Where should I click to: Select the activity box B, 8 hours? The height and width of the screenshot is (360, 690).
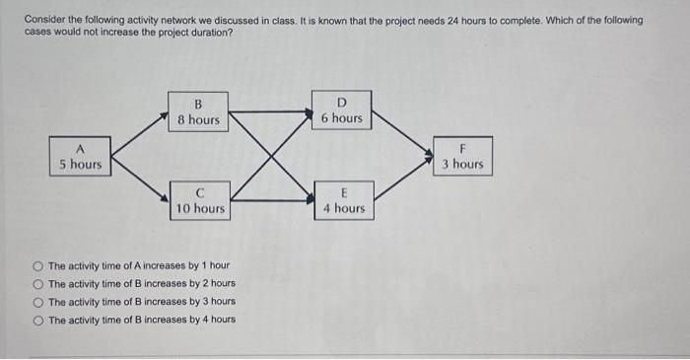198,111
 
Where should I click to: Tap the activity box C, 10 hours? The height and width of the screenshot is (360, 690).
200,200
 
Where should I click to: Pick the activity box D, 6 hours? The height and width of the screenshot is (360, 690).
341,109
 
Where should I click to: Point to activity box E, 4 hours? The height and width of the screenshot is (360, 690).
342,200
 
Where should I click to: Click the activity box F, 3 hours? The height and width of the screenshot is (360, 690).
461,156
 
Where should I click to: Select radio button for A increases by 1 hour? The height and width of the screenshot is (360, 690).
37,266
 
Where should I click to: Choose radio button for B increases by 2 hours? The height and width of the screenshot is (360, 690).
37,284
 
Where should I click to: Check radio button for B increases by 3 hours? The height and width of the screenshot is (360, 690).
37,302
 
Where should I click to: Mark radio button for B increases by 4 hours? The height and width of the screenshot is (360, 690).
37,320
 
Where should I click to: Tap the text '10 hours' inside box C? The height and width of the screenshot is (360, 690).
200,208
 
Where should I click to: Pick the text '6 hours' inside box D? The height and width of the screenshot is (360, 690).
341,118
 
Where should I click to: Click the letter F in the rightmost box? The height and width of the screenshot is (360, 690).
461,148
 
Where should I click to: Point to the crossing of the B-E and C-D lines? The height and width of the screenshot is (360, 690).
270,156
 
